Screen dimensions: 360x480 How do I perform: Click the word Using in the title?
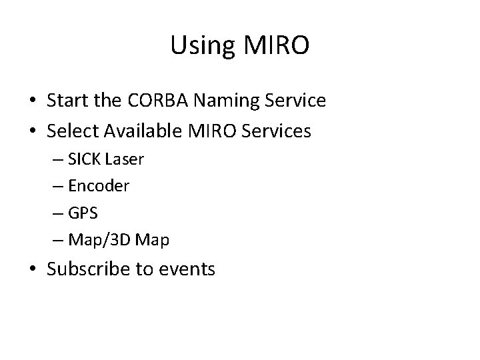tap(199, 45)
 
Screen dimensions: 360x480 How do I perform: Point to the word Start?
tap(69, 101)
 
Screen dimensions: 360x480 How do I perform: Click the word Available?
tap(145, 131)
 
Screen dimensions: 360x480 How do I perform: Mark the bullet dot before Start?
tap(33, 101)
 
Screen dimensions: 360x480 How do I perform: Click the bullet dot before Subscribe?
tap(33, 269)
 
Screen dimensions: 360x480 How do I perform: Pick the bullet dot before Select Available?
tap(33, 131)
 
